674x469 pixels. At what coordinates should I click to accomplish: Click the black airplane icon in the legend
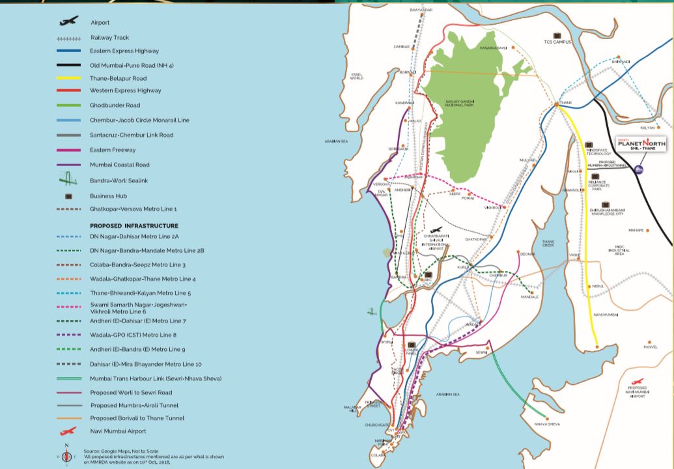68,21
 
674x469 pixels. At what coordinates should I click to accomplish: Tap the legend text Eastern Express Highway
124,51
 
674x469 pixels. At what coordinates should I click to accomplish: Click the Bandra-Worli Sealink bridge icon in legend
68,180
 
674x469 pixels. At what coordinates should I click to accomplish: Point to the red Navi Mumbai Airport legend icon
68,431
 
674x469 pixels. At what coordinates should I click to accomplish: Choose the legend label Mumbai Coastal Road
120,165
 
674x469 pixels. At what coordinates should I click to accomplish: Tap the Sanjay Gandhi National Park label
459,104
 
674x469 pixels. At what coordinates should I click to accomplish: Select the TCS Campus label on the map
557,42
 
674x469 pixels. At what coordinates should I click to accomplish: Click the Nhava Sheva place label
546,424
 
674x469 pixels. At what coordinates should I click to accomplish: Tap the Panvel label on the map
651,347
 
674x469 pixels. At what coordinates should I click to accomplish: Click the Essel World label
356,76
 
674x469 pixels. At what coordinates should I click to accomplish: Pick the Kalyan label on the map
647,128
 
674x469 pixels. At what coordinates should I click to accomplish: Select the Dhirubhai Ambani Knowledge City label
606,211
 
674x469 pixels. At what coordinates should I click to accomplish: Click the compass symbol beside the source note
66,454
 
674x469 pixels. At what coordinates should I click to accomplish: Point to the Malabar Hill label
352,409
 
